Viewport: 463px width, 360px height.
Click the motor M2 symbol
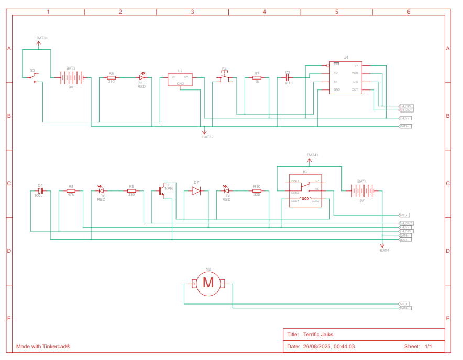(x=208, y=283)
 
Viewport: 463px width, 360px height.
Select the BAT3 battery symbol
(x=71, y=78)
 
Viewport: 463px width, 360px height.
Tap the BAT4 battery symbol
(x=362, y=191)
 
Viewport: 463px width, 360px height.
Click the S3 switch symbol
(x=33, y=77)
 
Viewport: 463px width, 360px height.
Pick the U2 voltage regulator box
(x=180, y=80)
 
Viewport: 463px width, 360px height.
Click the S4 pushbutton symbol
(x=225, y=76)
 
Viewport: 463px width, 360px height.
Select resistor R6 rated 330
(x=111, y=77)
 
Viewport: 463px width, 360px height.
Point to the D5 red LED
(x=141, y=77)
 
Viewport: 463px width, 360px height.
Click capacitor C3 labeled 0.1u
(x=288, y=77)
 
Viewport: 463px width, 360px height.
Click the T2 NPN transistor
(x=163, y=191)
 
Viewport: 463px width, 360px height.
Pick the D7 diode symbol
(x=196, y=191)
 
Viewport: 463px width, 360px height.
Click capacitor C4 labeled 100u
(x=40, y=191)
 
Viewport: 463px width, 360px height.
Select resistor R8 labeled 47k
(x=71, y=191)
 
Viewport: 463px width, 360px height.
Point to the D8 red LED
(x=226, y=191)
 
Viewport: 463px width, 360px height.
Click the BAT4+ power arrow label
(x=313, y=155)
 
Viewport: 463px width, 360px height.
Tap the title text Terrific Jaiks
(x=318, y=335)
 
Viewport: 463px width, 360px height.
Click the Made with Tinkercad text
(x=43, y=346)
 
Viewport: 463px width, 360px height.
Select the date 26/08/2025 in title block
(x=317, y=346)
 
